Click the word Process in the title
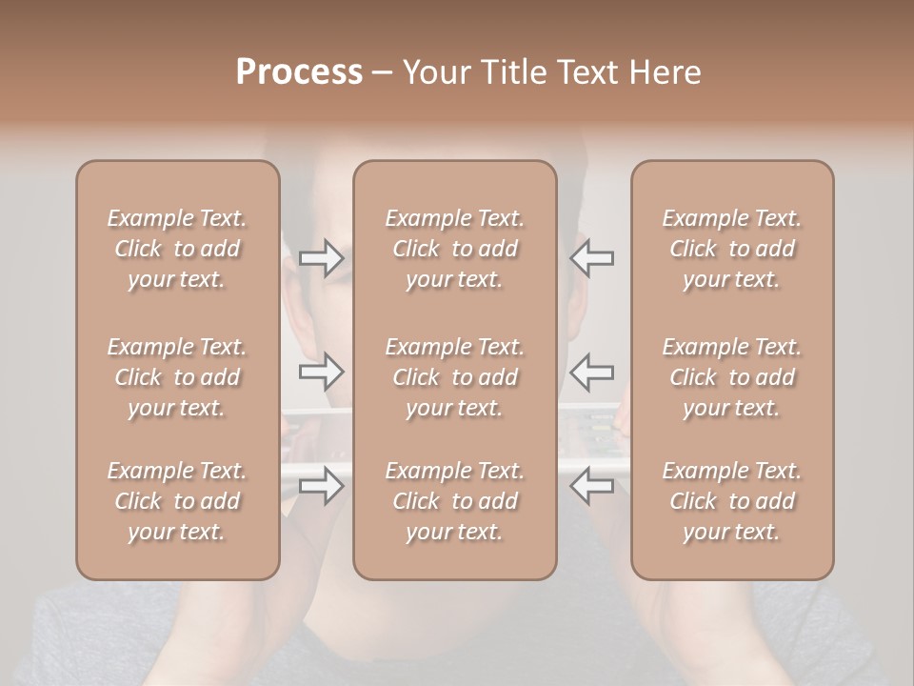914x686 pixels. pos(299,72)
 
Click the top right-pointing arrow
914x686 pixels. pos(321,258)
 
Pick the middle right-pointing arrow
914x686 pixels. pos(321,372)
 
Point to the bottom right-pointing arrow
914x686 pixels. pos(321,486)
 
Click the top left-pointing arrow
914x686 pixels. pos(592,258)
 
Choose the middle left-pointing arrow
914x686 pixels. pos(592,372)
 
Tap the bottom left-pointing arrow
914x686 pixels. pos(592,486)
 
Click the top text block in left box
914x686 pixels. pos(177,249)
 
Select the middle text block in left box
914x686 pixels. pos(177,377)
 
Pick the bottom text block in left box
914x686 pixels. pos(177,501)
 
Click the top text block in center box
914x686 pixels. pos(454,249)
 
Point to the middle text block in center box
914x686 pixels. pos(454,377)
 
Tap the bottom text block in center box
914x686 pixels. pos(454,501)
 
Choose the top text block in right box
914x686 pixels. pos(731,249)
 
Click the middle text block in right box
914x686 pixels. pos(731,377)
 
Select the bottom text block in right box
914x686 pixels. pos(731,501)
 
